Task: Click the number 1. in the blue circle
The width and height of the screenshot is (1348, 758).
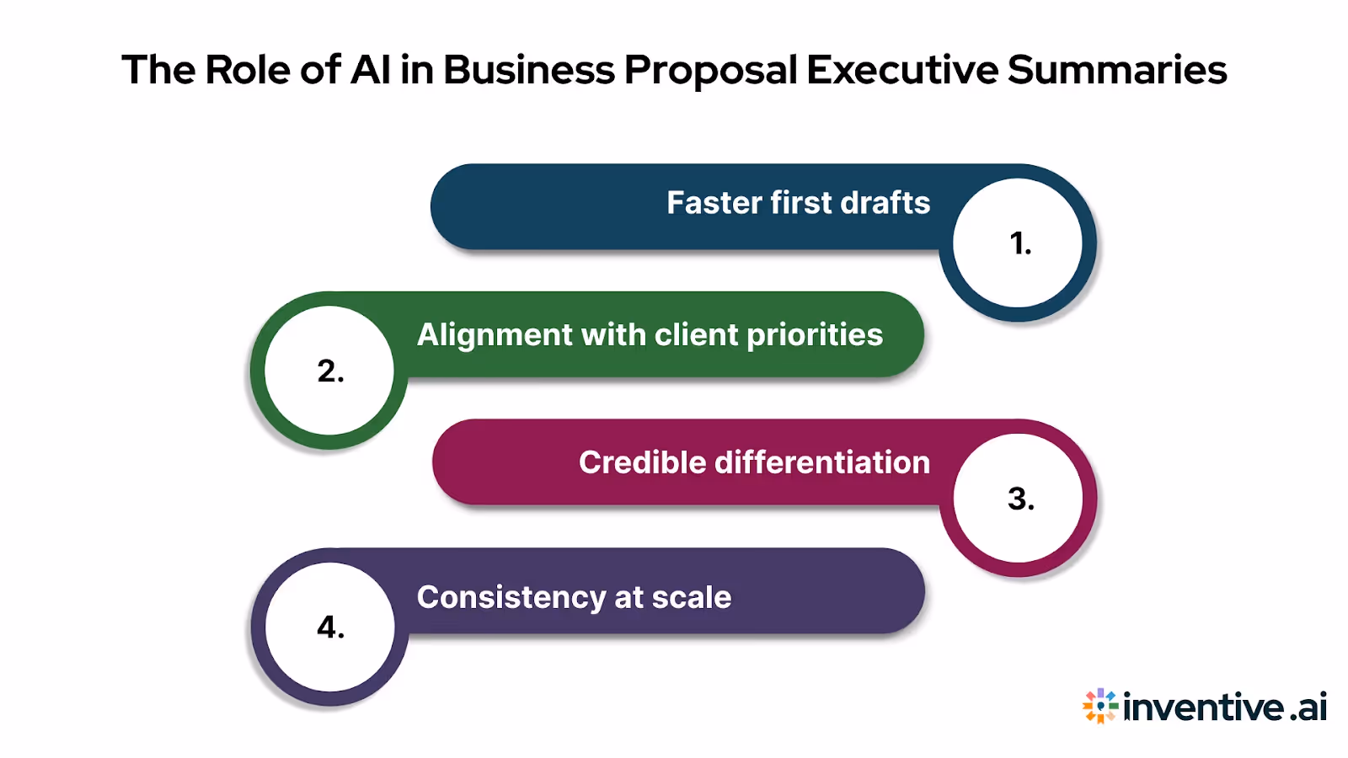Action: point(1019,243)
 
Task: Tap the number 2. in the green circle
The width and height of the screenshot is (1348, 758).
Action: point(330,371)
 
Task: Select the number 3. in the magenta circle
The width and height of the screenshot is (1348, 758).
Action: point(1020,499)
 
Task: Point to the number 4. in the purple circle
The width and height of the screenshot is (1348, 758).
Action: point(330,627)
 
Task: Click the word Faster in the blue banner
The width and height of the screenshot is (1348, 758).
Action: point(714,203)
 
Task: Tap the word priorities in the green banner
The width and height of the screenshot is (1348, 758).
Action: point(815,335)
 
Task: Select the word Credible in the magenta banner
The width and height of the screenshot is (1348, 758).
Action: point(642,462)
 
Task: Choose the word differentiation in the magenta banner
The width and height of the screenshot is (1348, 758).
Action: point(822,462)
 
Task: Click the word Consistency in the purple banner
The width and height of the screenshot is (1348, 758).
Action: point(511,598)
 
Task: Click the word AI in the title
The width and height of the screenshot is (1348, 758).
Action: point(371,70)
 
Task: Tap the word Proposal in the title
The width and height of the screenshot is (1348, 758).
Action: point(710,70)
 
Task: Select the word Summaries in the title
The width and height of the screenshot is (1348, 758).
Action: point(1117,70)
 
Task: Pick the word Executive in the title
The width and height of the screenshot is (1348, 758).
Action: point(902,70)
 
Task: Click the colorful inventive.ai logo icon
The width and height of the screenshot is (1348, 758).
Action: point(1099,706)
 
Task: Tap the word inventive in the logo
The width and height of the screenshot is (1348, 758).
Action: point(1204,707)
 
